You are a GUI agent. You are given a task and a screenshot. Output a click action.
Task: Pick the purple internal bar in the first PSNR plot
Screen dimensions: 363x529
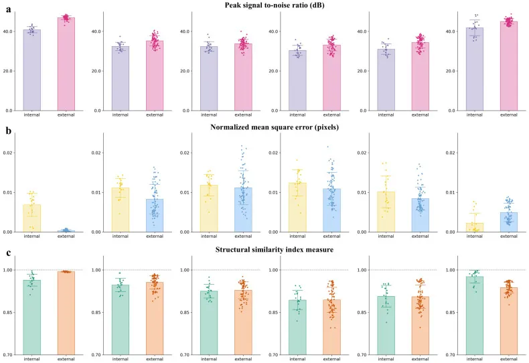pos(32,70)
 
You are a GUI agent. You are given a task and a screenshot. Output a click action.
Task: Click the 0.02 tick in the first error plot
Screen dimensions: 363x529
pos(11,153)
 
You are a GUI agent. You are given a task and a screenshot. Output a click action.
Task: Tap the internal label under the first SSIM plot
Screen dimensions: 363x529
pos(32,360)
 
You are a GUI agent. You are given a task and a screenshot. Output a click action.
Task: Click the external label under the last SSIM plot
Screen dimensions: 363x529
pos(508,360)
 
